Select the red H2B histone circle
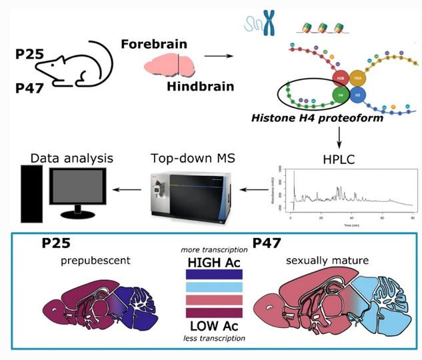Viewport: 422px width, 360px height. (x=341, y=79)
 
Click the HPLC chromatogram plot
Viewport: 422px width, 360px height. (x=350, y=193)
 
